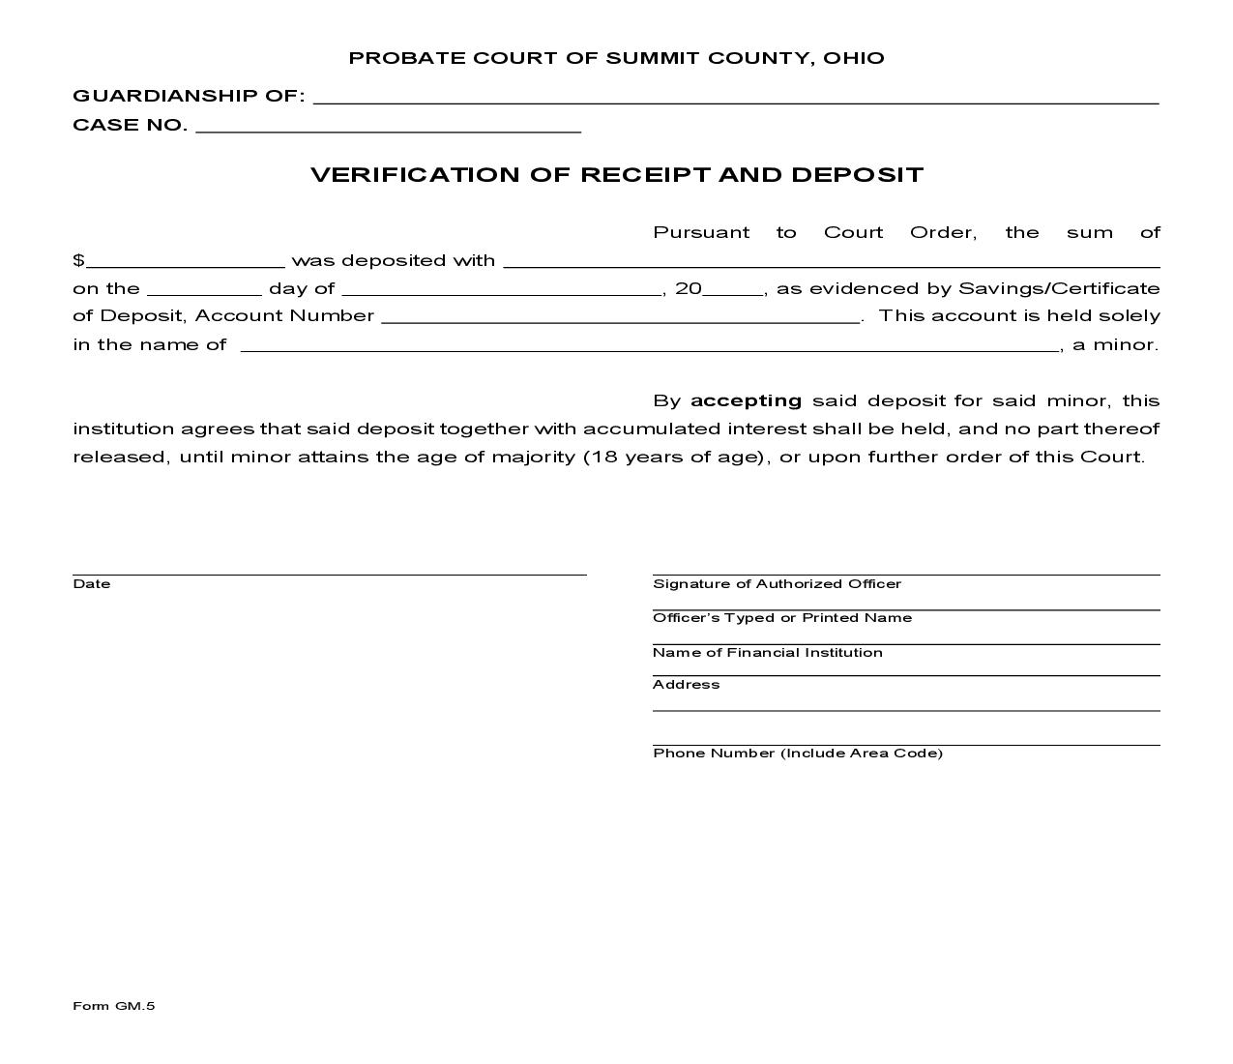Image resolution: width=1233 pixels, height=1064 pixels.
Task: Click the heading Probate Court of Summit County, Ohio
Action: tap(616, 58)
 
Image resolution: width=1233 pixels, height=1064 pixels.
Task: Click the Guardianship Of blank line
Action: tap(736, 97)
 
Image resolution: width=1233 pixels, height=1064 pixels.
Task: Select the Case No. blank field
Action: tap(388, 126)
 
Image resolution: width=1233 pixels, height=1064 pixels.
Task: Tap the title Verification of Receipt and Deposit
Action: tap(616, 175)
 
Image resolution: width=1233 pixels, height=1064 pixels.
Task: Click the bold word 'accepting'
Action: tap(746, 400)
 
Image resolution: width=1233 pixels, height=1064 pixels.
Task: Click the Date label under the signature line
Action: tap(91, 584)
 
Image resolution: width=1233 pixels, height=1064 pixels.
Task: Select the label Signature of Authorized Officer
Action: tap(777, 584)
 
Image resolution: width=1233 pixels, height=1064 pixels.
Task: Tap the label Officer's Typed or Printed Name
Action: tap(781, 618)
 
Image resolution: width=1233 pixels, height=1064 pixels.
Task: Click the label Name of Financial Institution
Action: tap(767, 653)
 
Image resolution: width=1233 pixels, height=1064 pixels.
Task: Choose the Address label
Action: tap(686, 685)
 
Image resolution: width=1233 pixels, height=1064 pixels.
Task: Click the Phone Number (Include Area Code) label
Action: tap(797, 754)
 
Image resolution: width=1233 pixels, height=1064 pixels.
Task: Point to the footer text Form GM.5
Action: tap(113, 1006)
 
